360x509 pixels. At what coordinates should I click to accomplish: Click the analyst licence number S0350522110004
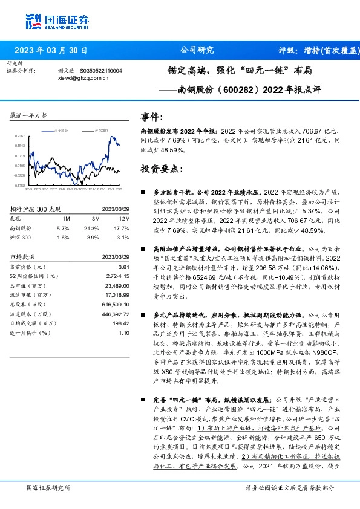click(100, 71)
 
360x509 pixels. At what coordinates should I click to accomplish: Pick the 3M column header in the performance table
click(95, 218)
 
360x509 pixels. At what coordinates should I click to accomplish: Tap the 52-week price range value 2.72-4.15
click(118, 275)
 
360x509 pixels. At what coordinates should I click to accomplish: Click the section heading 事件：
click(151, 117)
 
